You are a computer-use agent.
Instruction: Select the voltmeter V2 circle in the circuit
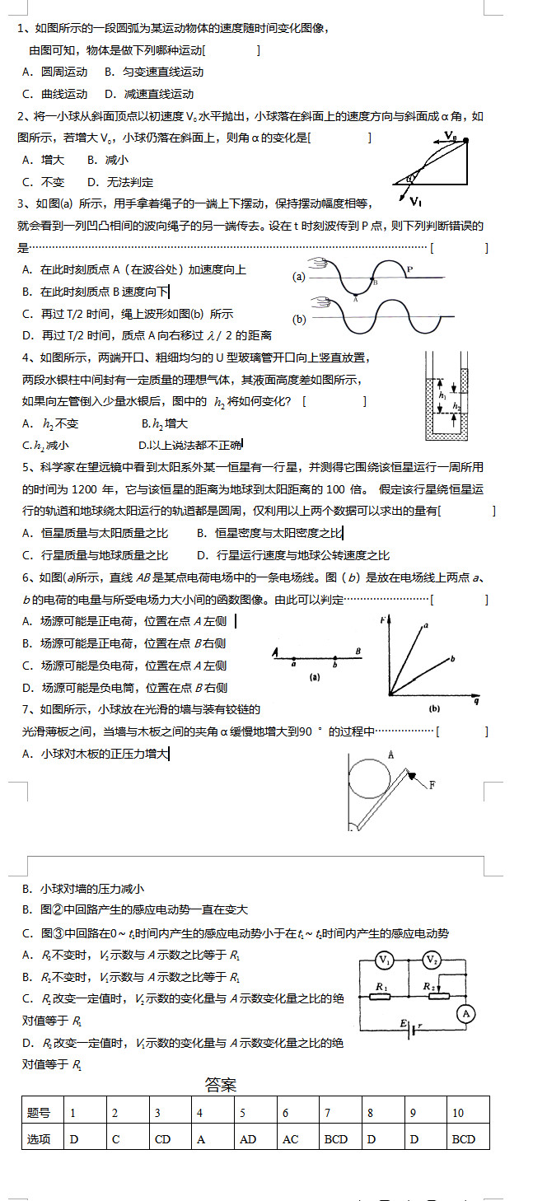pyautogui.click(x=432, y=960)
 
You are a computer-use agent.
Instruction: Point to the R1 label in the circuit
pyautogui.click(x=381, y=986)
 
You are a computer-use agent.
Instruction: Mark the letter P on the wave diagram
pyautogui.click(x=409, y=269)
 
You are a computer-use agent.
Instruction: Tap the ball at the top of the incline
pyautogui.click(x=466, y=141)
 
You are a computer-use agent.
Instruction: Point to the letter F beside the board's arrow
pyautogui.click(x=432, y=785)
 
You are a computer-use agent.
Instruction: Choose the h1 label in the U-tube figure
pyautogui.click(x=442, y=395)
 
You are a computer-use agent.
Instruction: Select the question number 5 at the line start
pyautogui.click(x=27, y=467)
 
